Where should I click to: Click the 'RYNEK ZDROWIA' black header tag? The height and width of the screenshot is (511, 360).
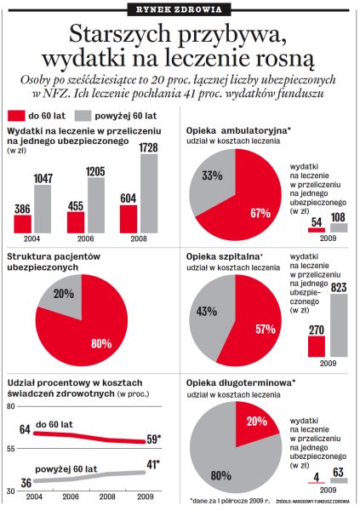pos(179,9)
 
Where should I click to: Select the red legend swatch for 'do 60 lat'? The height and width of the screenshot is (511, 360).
pos(16,116)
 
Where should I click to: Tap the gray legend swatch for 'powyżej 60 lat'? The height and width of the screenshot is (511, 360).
pos(83,116)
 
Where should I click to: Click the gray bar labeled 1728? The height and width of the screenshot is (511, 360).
pos(149,193)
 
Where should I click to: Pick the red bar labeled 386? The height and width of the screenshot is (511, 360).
pos(22,224)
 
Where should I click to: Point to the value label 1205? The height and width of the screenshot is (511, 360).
pos(96,171)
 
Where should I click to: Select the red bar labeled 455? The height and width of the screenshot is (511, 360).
pos(76,222)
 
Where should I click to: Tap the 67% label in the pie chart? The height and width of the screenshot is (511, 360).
pos(260,213)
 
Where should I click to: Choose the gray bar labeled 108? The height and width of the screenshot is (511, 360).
pos(339,227)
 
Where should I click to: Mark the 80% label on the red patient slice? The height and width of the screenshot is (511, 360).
pos(101,343)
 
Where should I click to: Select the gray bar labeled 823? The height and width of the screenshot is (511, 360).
pos(339,325)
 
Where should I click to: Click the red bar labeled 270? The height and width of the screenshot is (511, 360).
pos(317,346)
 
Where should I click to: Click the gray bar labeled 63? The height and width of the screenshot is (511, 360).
pos(339,480)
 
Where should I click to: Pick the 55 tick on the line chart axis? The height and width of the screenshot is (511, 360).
pos(12,449)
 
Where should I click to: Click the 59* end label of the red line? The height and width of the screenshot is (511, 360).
pos(154,439)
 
